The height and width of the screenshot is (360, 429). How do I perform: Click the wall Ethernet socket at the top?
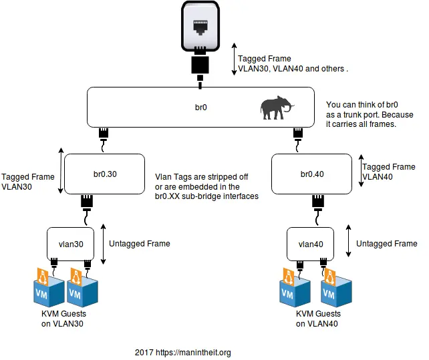200,27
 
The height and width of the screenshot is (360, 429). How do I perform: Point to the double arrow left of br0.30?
61,172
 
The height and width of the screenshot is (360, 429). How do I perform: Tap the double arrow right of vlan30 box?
103,242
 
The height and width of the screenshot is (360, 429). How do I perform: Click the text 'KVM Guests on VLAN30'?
64,319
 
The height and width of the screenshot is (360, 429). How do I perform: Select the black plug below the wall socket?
200,65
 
